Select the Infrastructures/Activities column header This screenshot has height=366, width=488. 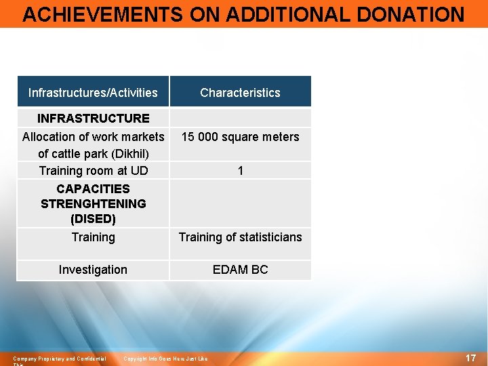(x=93, y=93)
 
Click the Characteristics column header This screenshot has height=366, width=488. (x=240, y=93)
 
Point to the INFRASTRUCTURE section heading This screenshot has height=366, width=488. (x=93, y=118)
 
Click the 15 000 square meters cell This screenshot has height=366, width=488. (x=240, y=137)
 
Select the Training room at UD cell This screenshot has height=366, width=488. (x=93, y=170)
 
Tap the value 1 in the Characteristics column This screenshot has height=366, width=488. (x=240, y=171)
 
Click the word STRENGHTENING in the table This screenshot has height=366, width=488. (x=93, y=203)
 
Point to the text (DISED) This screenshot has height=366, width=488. (x=93, y=219)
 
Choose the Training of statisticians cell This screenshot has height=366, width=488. (x=240, y=237)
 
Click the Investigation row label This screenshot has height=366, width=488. (x=93, y=270)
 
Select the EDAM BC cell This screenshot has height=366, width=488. (x=240, y=270)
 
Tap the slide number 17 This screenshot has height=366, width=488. (x=470, y=358)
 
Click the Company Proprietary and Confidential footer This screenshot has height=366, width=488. (x=60, y=359)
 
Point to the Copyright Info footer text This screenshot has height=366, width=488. (x=165, y=359)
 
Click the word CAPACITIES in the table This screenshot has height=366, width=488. (x=93, y=188)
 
